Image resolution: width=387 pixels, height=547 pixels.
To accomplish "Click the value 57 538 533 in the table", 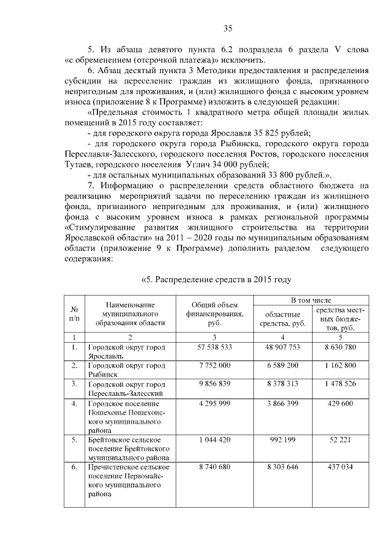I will pyautogui.click(x=214, y=348).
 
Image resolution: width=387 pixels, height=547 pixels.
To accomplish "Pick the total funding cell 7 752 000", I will pyautogui.click(x=214, y=366).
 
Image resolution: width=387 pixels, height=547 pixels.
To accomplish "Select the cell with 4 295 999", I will pyautogui.click(x=214, y=403).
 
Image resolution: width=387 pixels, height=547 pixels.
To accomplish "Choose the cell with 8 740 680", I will pyautogui.click(x=214, y=467).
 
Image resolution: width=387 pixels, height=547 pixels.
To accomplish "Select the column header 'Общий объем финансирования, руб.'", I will pyautogui.click(x=214, y=313).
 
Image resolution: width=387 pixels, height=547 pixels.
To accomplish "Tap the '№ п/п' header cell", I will pyautogui.click(x=74, y=313).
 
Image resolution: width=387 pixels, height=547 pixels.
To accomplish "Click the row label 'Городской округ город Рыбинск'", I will pyautogui.click(x=127, y=370).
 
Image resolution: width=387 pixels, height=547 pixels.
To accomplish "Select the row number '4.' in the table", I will pyautogui.click(x=74, y=403).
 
